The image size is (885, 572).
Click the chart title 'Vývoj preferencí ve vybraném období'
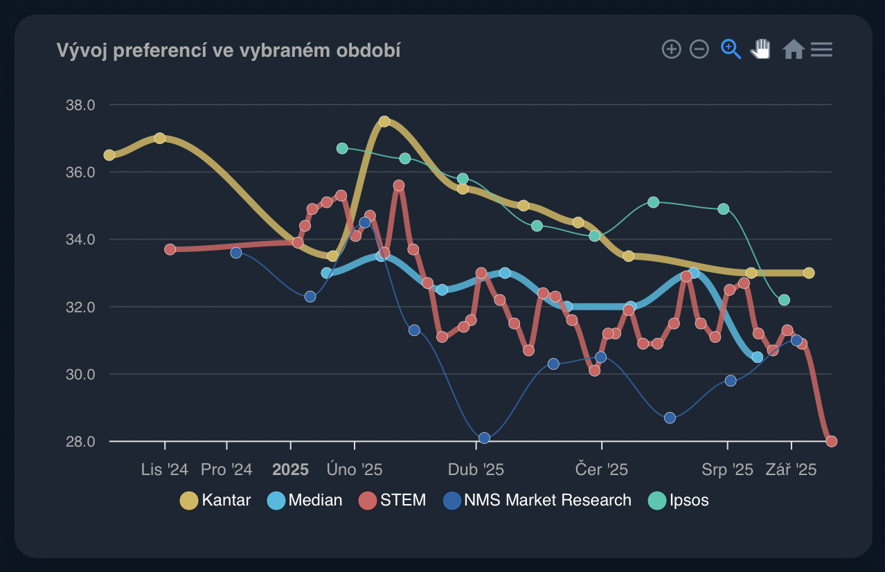pyautogui.click(x=229, y=51)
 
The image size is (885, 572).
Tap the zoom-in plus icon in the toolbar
pyautogui.click(x=672, y=49)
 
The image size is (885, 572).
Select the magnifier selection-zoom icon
pyautogui.click(x=731, y=49)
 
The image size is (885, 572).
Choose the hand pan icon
pyautogui.click(x=761, y=49)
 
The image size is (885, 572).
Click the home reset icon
pyautogui.click(x=793, y=49)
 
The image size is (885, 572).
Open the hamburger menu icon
pyautogui.click(x=821, y=49)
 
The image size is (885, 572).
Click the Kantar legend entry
pyautogui.click(x=215, y=500)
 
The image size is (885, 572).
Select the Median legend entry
pyautogui.click(x=305, y=500)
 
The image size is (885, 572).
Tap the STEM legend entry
pyautogui.click(x=392, y=500)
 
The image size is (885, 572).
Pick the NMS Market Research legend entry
pyautogui.click(x=537, y=500)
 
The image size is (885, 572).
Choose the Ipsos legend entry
pyautogui.click(x=679, y=500)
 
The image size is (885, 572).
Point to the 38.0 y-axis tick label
pyautogui.click(x=80, y=105)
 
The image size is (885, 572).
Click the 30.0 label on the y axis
pyautogui.click(x=80, y=375)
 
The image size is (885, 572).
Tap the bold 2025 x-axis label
pyautogui.click(x=290, y=470)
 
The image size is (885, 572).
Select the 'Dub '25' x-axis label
pyautogui.click(x=476, y=470)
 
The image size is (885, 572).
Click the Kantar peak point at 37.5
pyautogui.click(x=384, y=122)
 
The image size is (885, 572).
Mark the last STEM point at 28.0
pyautogui.click(x=832, y=441)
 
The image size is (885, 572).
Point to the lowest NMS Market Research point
pyautogui.click(x=484, y=438)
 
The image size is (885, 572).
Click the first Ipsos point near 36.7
pyautogui.click(x=342, y=148)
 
